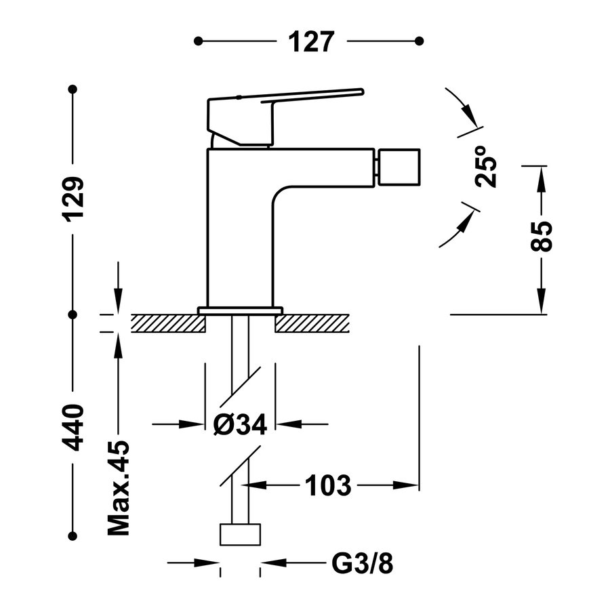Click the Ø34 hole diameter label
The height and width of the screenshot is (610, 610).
click(x=240, y=425)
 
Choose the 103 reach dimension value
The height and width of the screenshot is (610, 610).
click(x=328, y=485)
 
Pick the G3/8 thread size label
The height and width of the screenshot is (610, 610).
click(x=363, y=563)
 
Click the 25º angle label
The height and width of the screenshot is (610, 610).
click(x=487, y=167)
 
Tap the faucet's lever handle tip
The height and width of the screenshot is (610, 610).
click(x=359, y=91)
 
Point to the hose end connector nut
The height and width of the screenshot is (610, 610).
click(x=241, y=534)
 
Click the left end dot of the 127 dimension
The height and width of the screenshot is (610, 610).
click(x=198, y=41)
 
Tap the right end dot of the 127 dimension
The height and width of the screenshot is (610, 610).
click(x=420, y=41)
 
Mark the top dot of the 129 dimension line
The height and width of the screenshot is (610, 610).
click(x=73, y=89)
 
